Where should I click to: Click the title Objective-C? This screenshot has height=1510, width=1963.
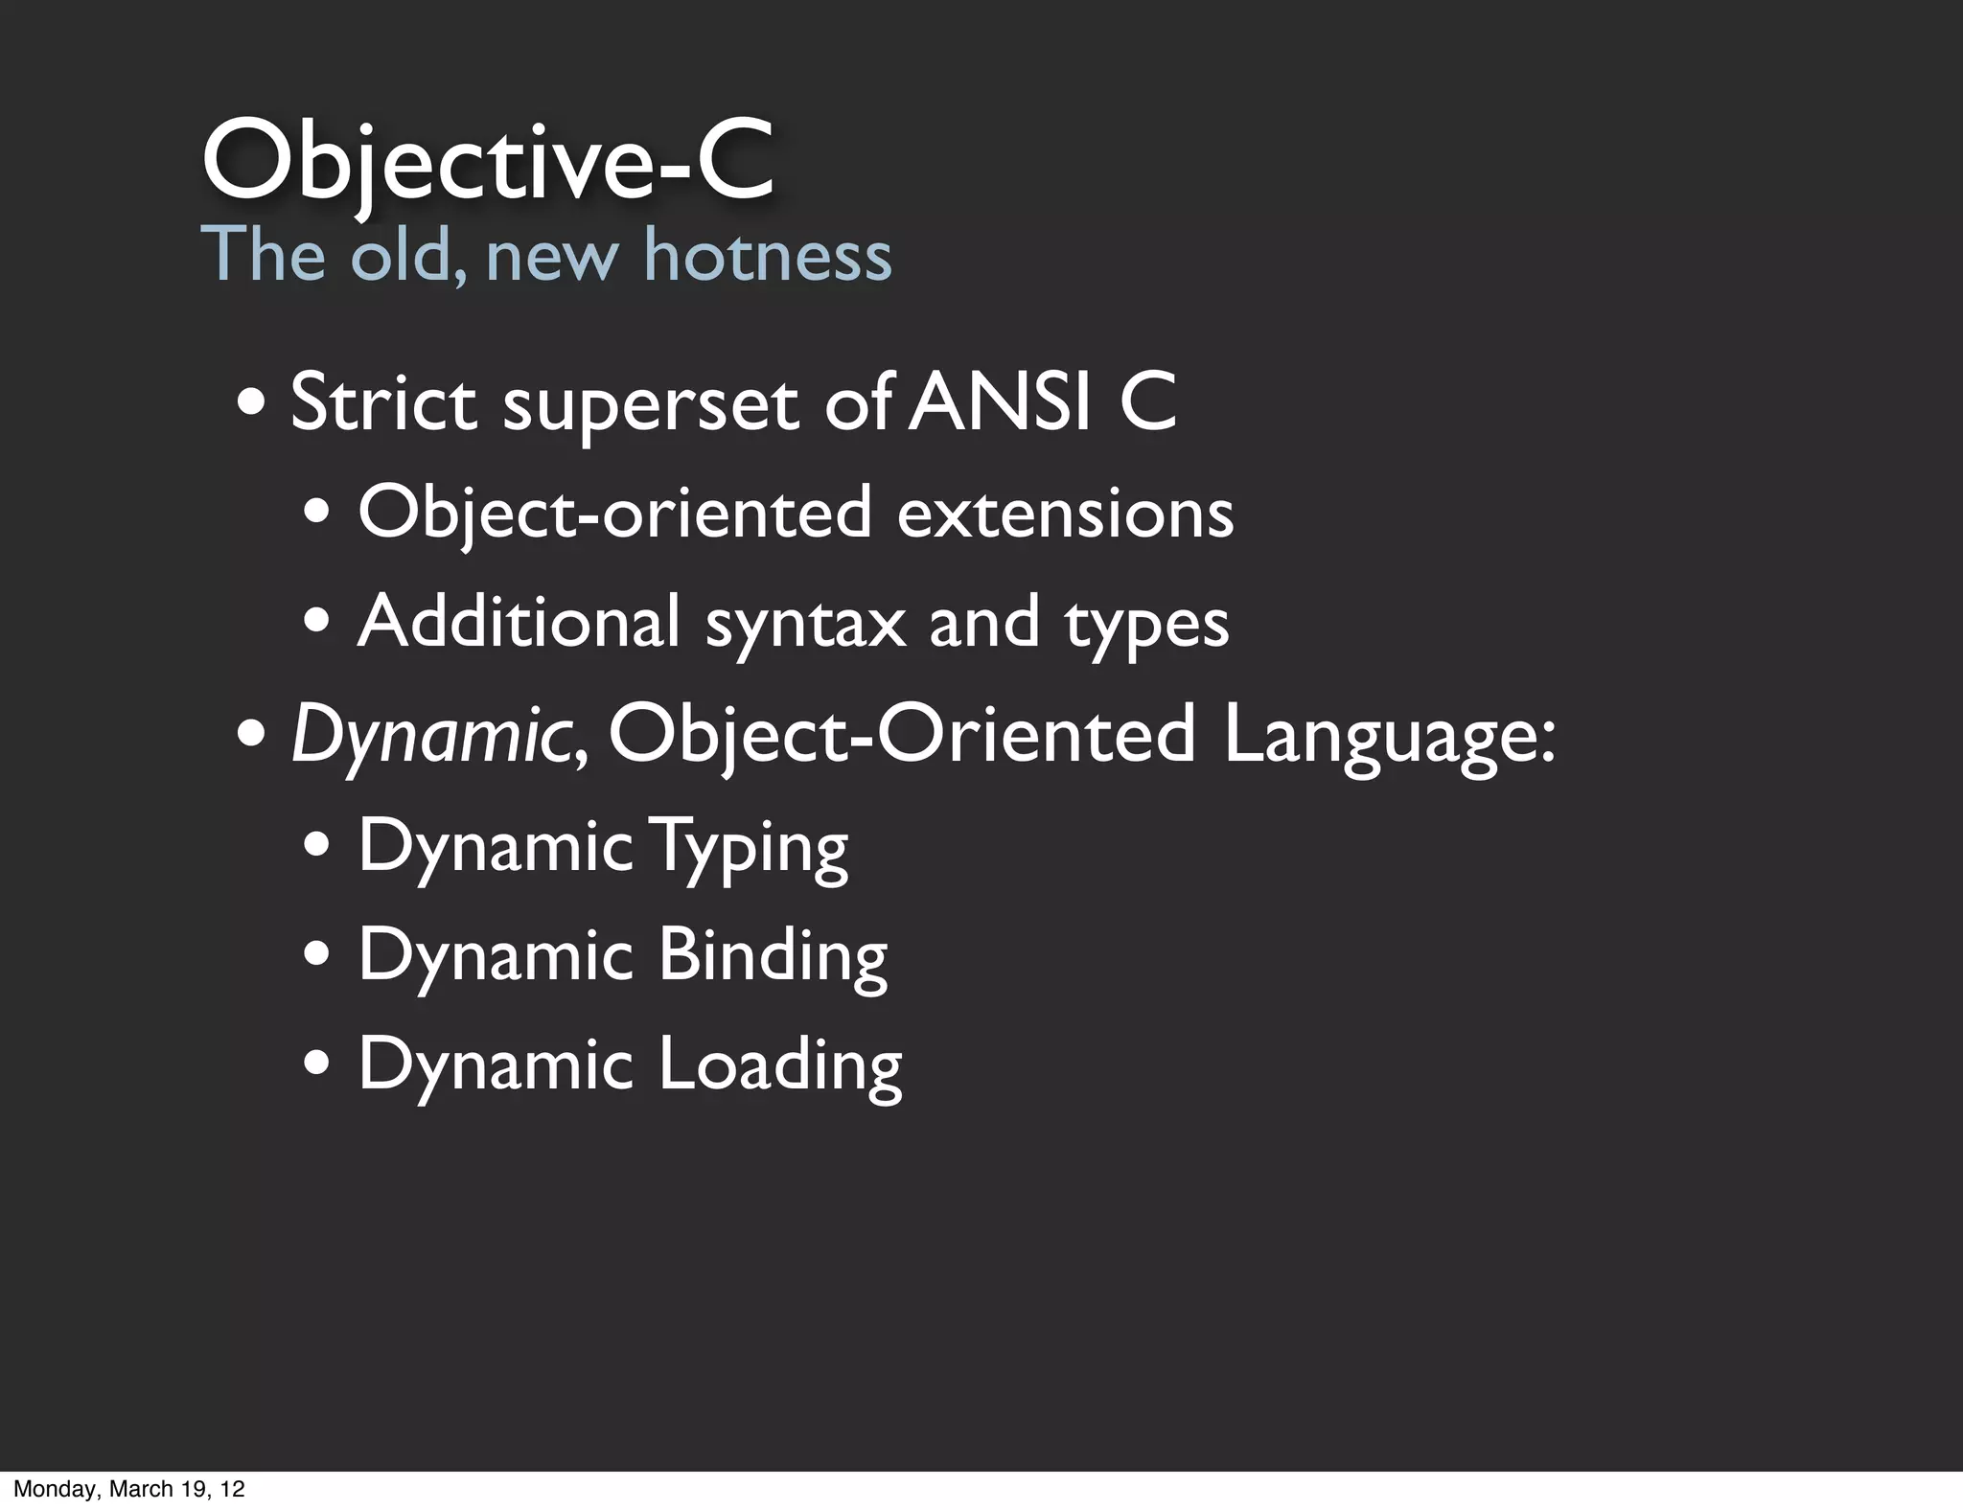point(486,160)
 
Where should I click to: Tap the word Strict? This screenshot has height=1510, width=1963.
point(383,402)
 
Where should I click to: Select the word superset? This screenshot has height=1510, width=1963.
point(651,404)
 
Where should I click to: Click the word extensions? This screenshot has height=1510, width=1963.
point(1065,514)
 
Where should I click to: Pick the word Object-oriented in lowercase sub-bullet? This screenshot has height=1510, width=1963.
point(614,514)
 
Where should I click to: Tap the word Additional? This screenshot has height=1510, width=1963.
point(519,622)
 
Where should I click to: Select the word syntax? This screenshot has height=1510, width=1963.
point(805,625)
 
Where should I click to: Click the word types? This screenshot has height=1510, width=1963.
point(1146,625)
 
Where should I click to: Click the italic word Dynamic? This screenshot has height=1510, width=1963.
point(429,735)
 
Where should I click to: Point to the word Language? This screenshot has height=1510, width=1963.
point(1389,735)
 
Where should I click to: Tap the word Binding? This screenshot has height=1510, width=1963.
point(773,955)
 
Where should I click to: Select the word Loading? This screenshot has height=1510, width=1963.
point(780,1064)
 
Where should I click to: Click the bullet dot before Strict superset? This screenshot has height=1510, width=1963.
point(252,403)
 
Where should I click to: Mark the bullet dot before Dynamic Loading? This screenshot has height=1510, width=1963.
point(317,1063)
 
